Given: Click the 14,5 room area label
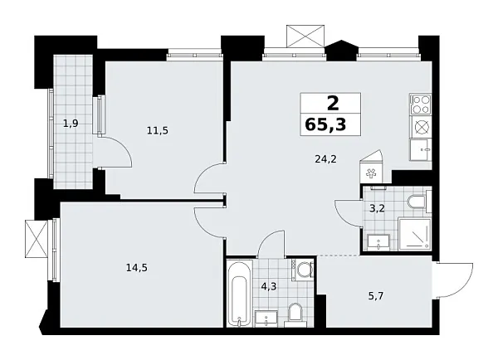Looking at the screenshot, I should (x=133, y=267).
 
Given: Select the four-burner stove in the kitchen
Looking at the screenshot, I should (x=420, y=104).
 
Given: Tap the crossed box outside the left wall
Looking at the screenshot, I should (x=37, y=239).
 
